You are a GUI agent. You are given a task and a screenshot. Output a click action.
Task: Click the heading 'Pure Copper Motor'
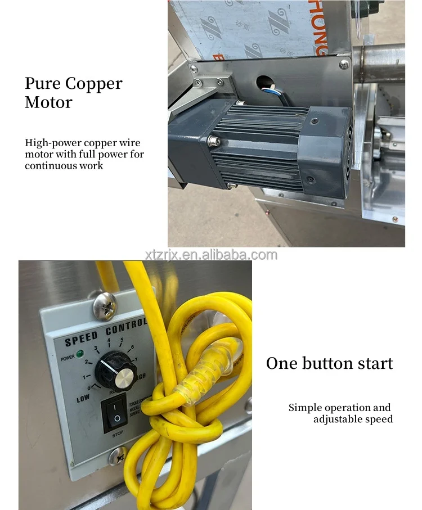coord(73,93)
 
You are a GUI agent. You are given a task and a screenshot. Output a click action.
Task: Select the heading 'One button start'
coord(329,363)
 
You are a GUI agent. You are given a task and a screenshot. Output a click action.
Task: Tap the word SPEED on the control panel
coord(81,340)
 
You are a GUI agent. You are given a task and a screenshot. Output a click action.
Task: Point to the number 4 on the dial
coord(109,340)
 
